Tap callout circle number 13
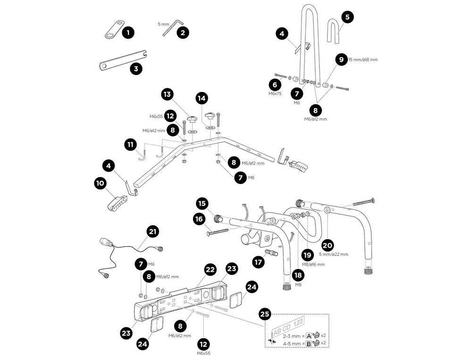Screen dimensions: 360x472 (167, 94)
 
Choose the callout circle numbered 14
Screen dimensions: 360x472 (202, 98)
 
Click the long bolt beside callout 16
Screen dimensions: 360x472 (217, 231)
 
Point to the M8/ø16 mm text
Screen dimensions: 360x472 (314, 265)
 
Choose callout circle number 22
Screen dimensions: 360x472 (210, 269)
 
